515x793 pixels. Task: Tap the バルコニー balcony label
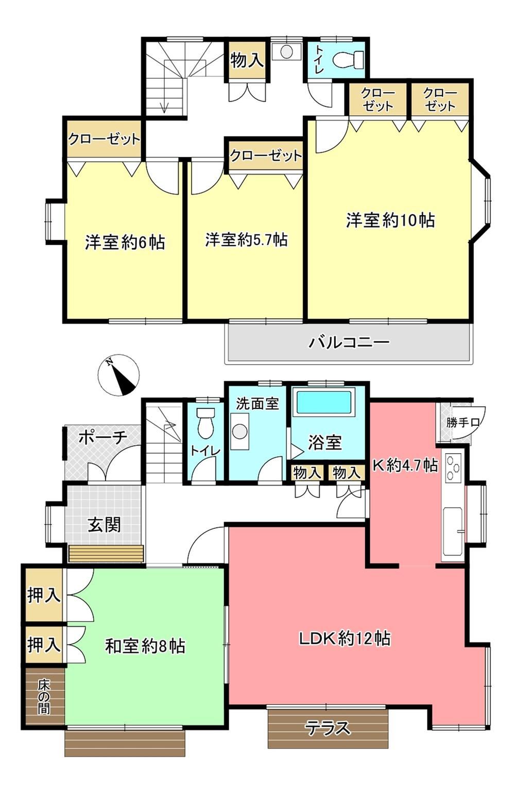[x=349, y=342]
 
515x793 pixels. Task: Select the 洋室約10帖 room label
[x=390, y=220]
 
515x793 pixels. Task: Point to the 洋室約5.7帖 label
[x=246, y=239]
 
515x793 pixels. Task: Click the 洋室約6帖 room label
[x=125, y=243]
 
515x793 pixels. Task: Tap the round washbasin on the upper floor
[x=286, y=51]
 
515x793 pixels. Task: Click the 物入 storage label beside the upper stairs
[x=247, y=60]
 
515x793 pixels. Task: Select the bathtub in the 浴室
[x=325, y=402]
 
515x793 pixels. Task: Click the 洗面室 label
[x=257, y=404]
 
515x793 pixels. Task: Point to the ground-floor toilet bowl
[x=206, y=423]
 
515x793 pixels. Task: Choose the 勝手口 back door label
[x=462, y=422]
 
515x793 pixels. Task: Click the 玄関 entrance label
[x=105, y=524]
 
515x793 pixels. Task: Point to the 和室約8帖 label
[x=145, y=646]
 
